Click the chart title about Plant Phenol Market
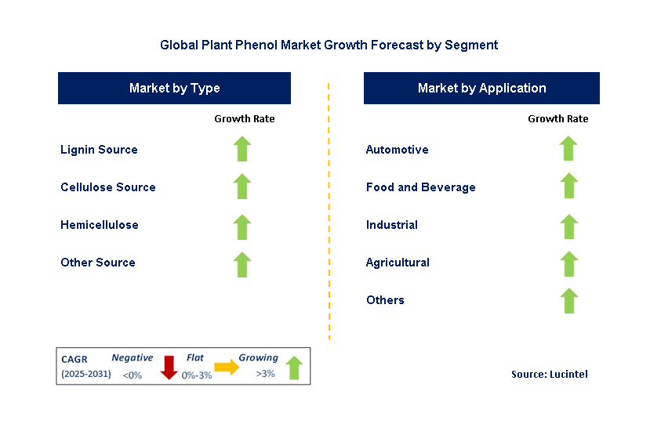329,45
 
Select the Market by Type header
174,89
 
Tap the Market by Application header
481,89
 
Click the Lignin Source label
99,150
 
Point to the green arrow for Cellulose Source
242,187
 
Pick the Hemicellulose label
100,225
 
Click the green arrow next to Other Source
242,264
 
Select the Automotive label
397,150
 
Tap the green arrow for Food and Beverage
568,187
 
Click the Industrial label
391,225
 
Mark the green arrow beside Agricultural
568,264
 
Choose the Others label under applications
385,300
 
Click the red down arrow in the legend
169,367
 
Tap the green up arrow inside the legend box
294,367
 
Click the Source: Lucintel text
549,375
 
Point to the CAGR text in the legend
75,359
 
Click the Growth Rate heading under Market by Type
244,119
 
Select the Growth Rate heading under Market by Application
557,119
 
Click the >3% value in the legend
265,374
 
